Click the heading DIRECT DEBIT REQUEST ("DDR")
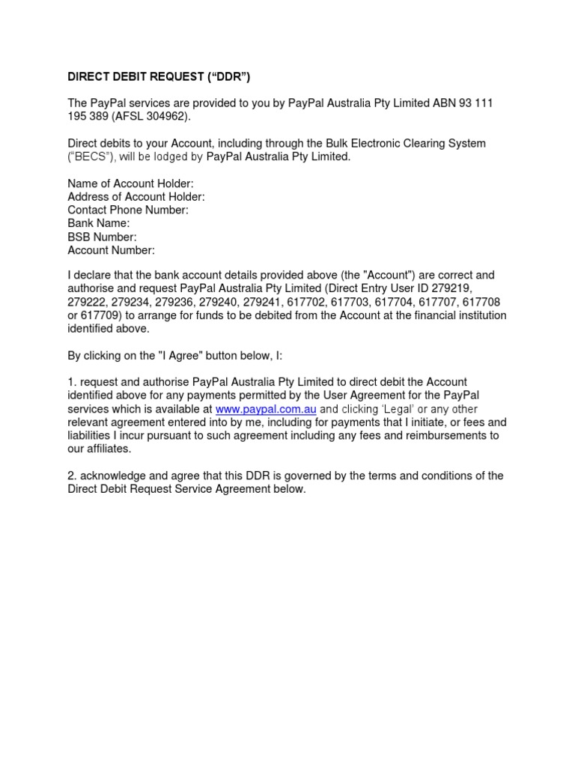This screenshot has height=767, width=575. point(159,77)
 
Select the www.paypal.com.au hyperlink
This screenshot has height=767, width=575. point(266,410)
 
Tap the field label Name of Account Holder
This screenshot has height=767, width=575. point(130,184)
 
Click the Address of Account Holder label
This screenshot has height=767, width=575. point(136,197)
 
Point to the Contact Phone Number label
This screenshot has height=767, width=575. point(128,210)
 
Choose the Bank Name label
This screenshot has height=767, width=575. point(99,223)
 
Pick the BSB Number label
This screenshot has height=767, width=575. point(102,237)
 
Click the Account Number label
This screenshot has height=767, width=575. point(111,250)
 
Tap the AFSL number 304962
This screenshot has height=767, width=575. point(169,116)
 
